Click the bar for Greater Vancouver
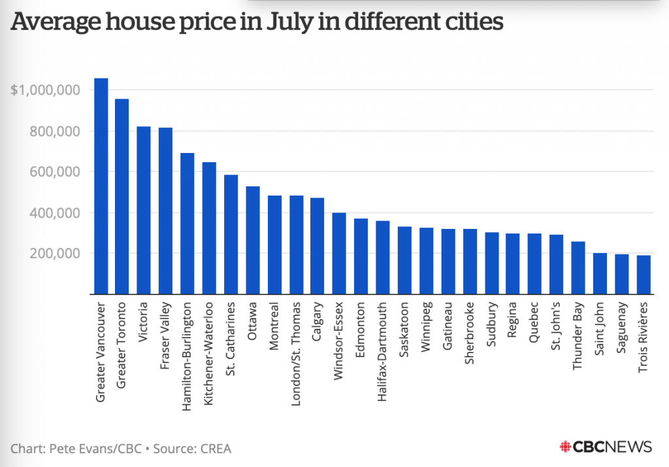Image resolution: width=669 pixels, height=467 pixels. [x=101, y=186]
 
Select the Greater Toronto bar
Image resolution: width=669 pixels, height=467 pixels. [x=122, y=196]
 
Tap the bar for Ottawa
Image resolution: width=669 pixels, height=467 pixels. [x=253, y=240]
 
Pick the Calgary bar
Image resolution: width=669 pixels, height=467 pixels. [x=318, y=246]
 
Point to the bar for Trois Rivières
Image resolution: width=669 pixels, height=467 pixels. [x=644, y=275]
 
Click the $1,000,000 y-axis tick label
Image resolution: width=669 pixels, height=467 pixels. [x=45, y=90]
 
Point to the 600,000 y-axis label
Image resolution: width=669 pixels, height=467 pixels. [x=54, y=172]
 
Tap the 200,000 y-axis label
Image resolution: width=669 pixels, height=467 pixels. [x=54, y=254]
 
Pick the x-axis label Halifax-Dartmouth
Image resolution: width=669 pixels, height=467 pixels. [x=383, y=344]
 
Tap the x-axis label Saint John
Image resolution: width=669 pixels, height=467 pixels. [x=600, y=328]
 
